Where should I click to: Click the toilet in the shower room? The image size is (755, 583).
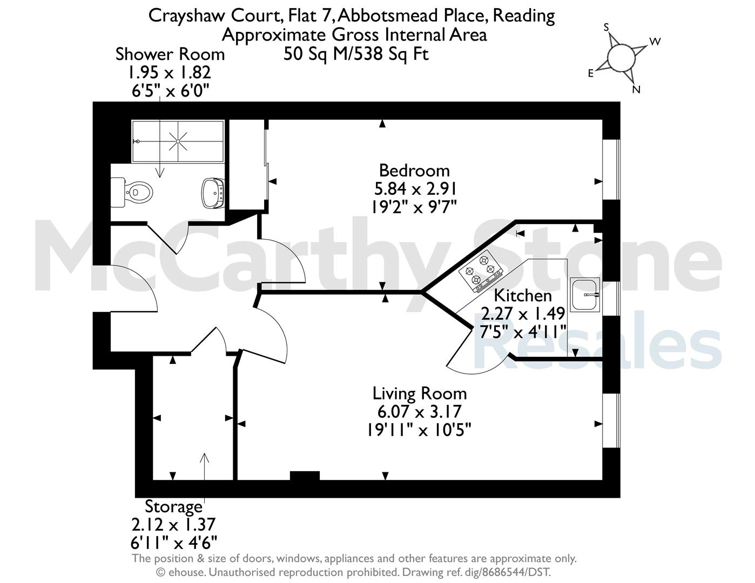pos(132,192)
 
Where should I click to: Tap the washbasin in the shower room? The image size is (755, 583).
pos(213,193)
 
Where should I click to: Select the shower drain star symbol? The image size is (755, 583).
pos(178,141)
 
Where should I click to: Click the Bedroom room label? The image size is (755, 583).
pos(414,171)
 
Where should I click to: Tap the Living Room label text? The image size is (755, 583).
pos(420,394)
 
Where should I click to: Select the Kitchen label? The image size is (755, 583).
pos(523,295)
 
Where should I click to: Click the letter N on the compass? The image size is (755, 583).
pos(636,90)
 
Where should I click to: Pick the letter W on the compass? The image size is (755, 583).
pos(655,42)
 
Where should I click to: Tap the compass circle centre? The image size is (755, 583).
pos(622,58)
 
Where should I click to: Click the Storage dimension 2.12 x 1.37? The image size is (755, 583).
pos(174,524)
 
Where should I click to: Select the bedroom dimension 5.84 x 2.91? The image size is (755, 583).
pos(415,189)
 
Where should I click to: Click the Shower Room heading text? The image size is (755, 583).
pos(170,55)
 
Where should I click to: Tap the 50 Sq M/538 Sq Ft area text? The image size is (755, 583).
pos(356,54)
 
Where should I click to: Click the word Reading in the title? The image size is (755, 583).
pos(524,16)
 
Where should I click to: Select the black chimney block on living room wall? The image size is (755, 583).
pos(305,476)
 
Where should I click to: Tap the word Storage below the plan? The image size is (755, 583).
pos(174,506)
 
